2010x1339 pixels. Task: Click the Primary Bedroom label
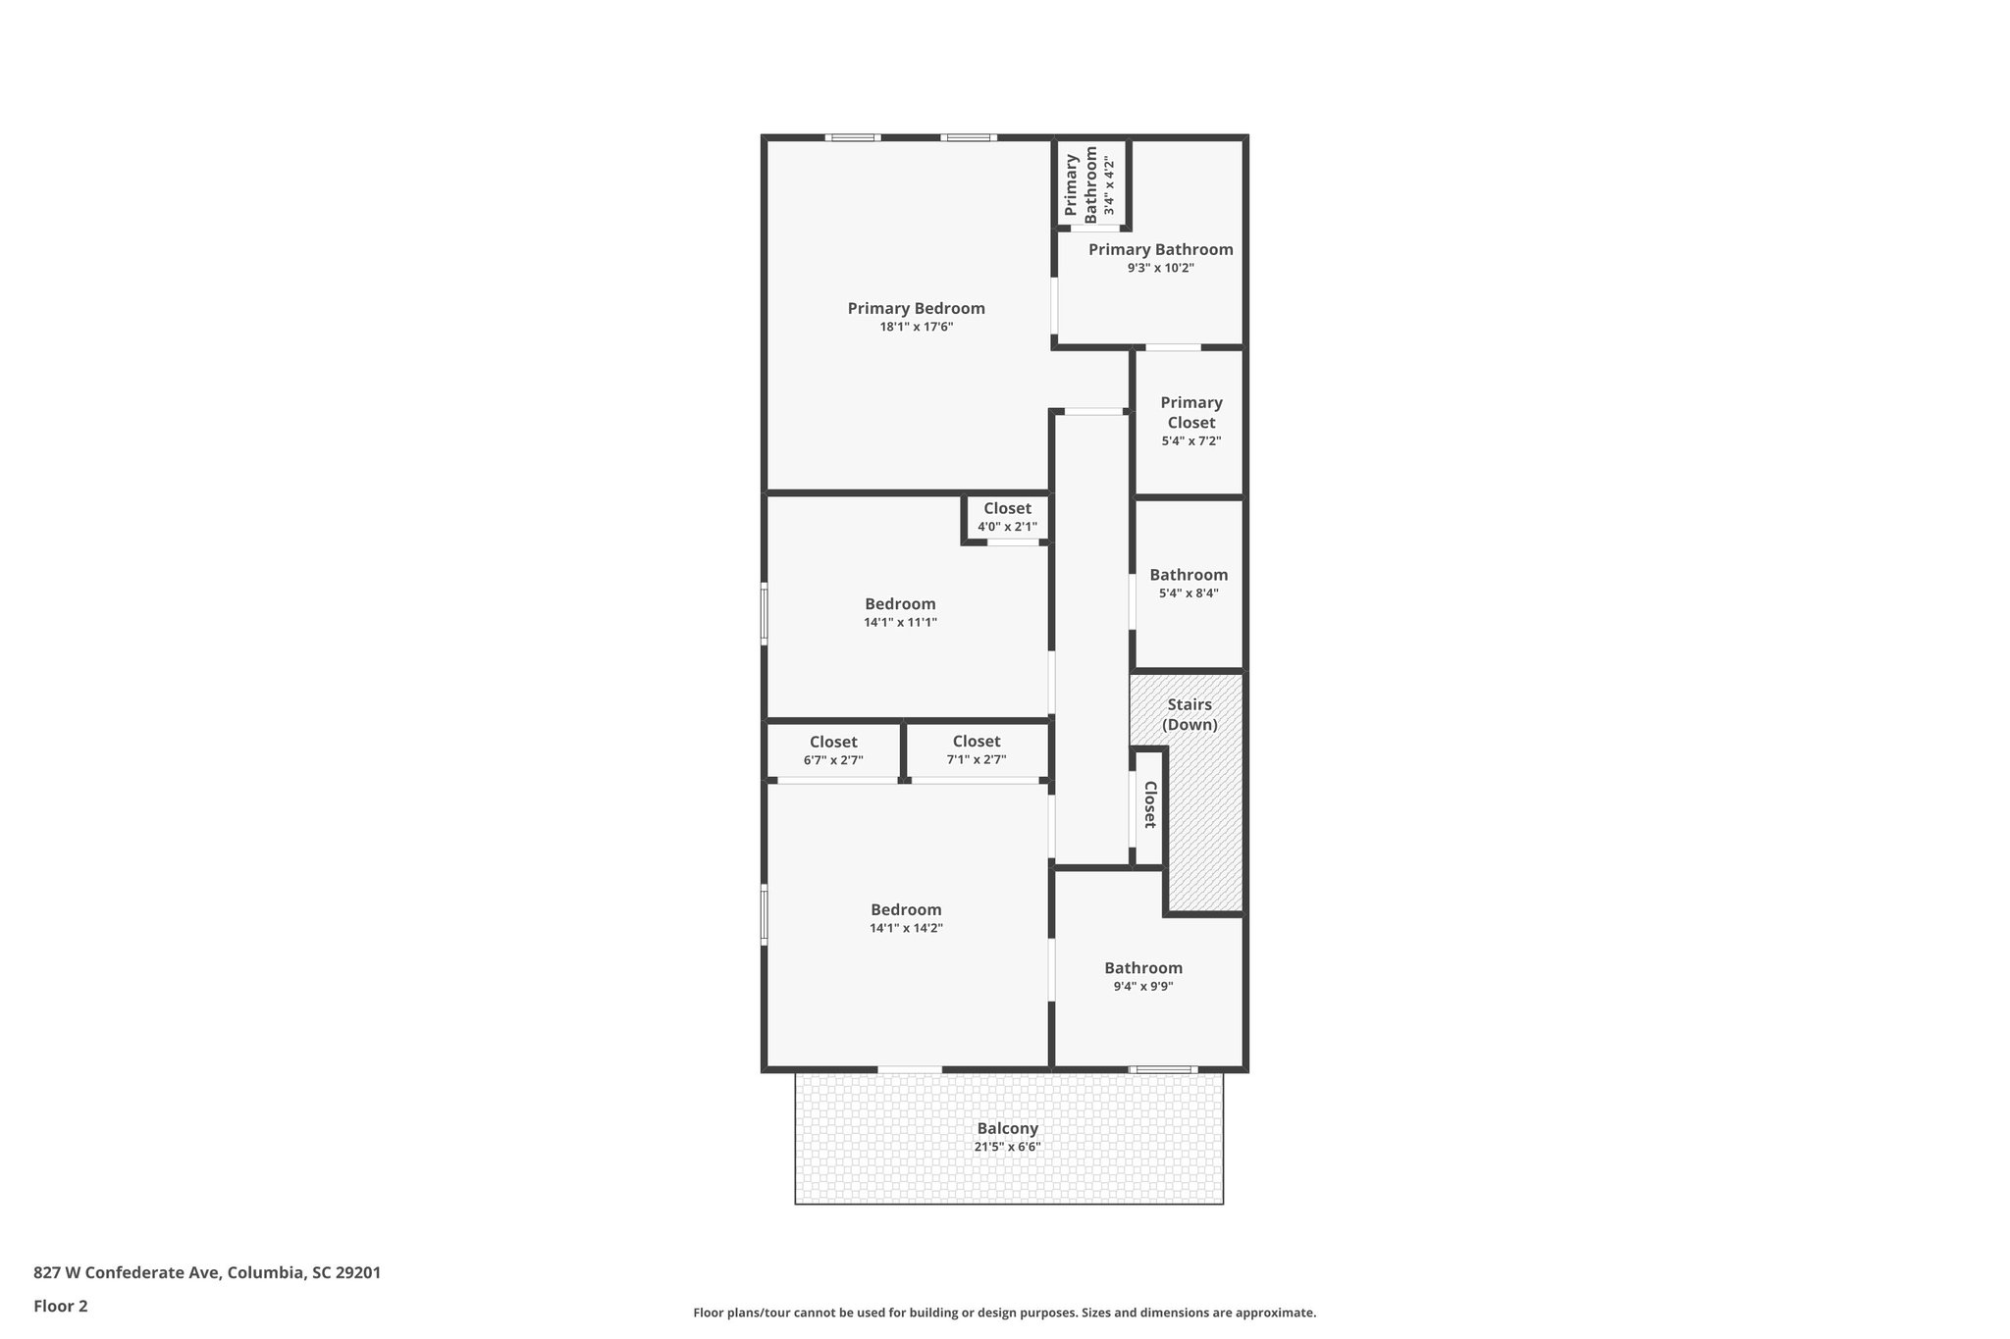[x=916, y=308]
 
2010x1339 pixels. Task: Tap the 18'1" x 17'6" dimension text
[x=916, y=328]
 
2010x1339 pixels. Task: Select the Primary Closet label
[x=1190, y=412]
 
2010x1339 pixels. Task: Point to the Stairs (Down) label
[x=1190, y=714]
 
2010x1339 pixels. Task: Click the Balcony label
[x=1007, y=1128]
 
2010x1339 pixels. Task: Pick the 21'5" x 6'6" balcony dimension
[x=1007, y=1147]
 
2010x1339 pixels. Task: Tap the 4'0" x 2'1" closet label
[x=1007, y=527]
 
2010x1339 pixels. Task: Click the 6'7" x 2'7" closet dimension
[x=833, y=760]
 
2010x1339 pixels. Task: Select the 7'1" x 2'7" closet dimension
[x=976, y=760]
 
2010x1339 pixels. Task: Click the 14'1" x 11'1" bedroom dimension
[x=900, y=622]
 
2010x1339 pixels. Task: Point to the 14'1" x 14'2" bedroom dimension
[x=906, y=928]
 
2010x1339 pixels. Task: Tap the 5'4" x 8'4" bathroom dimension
[x=1189, y=593]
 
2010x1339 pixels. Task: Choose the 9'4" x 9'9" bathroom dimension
[x=1142, y=987]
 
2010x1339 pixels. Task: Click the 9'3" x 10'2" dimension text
[x=1160, y=268]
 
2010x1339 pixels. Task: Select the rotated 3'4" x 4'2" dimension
[x=1109, y=185]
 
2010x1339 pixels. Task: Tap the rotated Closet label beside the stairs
[x=1149, y=804]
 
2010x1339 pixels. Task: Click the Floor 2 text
[x=61, y=1306]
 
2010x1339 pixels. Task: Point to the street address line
[x=207, y=1272]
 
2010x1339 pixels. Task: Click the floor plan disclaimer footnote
[x=1004, y=1313]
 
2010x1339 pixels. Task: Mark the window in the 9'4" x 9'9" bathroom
[x=1162, y=1069]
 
